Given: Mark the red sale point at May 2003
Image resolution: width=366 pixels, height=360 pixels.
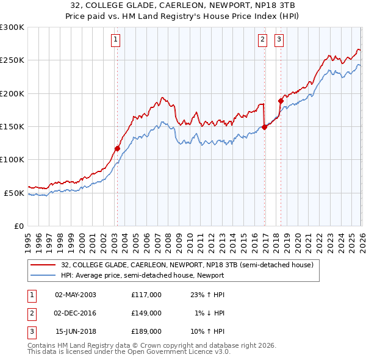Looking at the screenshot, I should pyautogui.click(x=117, y=148).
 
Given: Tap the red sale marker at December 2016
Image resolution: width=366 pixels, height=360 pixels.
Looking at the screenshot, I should pyautogui.click(x=264, y=127).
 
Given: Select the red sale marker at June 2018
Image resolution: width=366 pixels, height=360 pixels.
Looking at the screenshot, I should pyautogui.click(x=281, y=101).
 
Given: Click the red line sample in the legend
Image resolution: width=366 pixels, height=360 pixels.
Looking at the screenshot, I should pyautogui.click(x=44, y=265).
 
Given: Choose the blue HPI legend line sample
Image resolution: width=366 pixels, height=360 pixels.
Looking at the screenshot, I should pyautogui.click(x=44, y=275).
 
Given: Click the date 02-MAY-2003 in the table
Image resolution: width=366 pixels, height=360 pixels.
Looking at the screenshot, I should pyautogui.click(x=75, y=295).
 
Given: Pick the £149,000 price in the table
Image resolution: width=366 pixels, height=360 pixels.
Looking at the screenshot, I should pyautogui.click(x=146, y=313).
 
